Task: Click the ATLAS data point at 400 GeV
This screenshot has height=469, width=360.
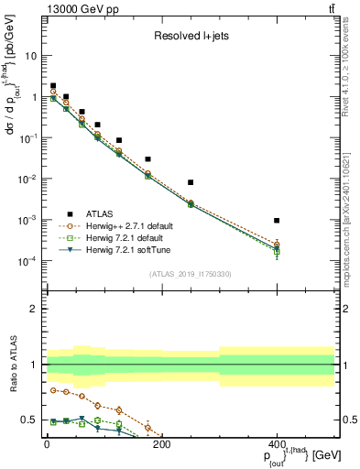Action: click(x=277, y=221)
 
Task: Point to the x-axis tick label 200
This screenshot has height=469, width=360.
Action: click(x=162, y=445)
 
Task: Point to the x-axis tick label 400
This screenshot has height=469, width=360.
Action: click(x=277, y=445)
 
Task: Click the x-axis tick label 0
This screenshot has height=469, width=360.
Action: click(x=47, y=445)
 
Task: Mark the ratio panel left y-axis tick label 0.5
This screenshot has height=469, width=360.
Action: click(x=31, y=420)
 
